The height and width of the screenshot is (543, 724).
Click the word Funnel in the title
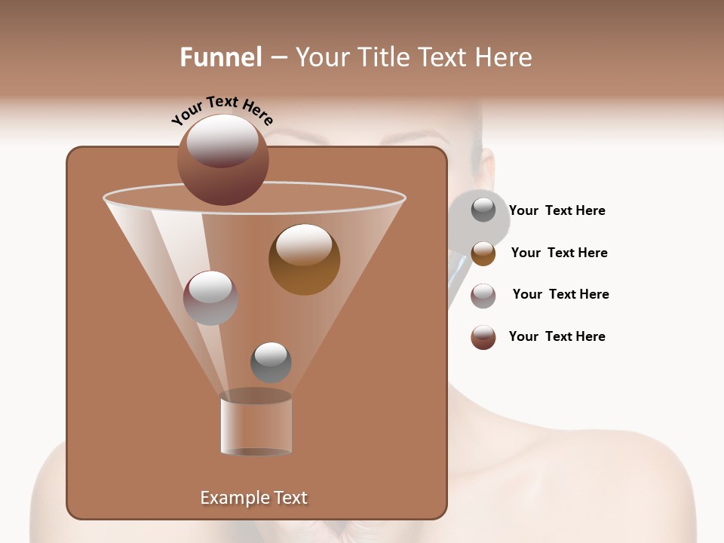(221, 57)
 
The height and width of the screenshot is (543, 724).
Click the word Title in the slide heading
(382, 57)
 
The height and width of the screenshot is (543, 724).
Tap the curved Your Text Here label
(222, 109)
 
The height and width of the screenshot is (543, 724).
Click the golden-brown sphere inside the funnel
(304, 259)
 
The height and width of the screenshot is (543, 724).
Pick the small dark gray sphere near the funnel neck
(271, 362)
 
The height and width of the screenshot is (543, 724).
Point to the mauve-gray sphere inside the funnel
(211, 298)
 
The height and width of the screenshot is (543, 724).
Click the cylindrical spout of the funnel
(256, 424)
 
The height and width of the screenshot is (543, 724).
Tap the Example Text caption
(253, 498)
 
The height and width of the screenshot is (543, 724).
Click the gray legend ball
(483, 210)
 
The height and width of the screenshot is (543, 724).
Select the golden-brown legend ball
(483, 253)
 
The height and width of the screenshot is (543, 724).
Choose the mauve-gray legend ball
(483, 296)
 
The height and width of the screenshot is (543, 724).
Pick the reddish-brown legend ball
(483, 337)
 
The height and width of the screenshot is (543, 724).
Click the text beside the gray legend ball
(557, 210)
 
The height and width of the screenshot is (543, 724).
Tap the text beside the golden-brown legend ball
(559, 253)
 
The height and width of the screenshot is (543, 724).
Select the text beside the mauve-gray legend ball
(560, 294)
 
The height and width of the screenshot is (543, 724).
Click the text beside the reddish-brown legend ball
(557, 336)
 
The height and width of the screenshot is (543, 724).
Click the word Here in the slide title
(504, 57)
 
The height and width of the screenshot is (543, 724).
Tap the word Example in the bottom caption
(228, 498)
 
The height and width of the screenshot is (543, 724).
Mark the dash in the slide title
(278, 58)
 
